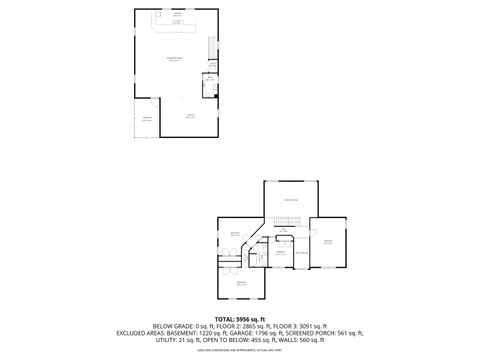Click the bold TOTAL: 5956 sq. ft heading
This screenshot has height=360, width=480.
(240, 318)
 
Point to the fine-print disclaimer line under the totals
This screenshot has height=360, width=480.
(240, 349)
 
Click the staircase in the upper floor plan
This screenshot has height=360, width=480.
(211, 49)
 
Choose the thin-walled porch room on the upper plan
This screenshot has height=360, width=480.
(145, 118)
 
